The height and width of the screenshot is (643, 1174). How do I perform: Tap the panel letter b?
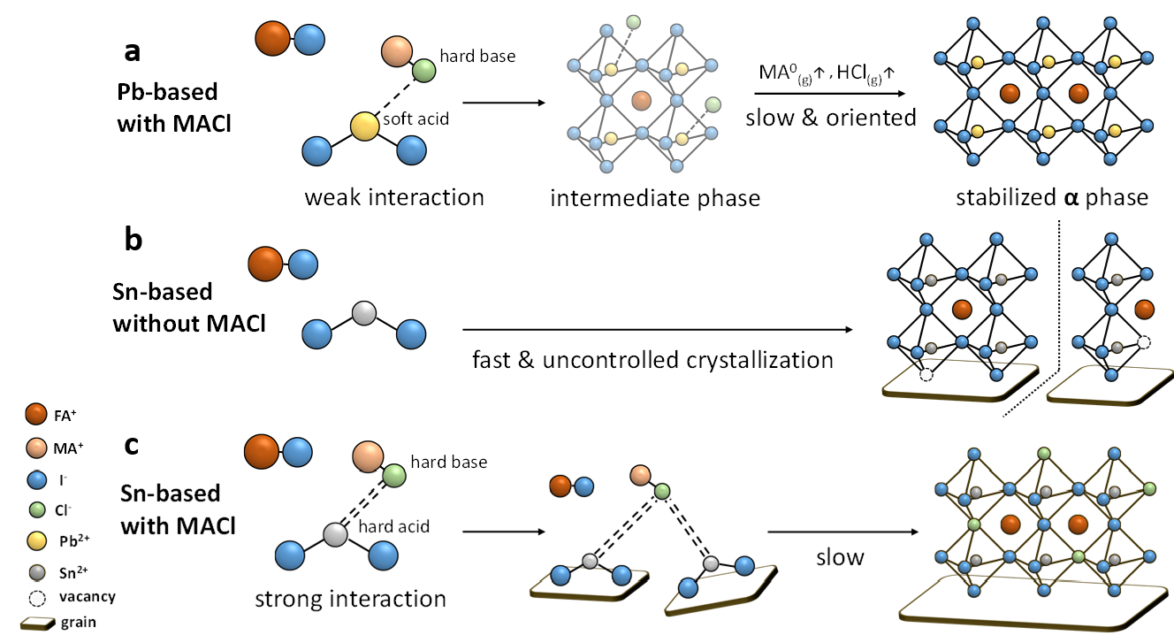point(133,241)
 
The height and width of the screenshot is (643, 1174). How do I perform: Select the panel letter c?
point(131,444)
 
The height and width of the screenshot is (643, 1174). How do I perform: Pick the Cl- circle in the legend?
point(36,509)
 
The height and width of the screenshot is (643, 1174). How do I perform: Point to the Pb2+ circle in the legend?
point(36,540)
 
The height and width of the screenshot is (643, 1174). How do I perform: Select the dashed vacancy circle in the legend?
point(36,596)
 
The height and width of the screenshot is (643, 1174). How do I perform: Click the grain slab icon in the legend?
point(34,622)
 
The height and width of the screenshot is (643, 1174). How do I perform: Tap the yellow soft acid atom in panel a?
point(362,126)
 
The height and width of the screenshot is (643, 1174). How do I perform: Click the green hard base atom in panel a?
point(423,70)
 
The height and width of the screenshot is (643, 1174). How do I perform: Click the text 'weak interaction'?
point(394,196)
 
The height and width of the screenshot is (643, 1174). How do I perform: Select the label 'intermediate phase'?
point(655,197)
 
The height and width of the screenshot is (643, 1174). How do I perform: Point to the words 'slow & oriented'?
point(830,117)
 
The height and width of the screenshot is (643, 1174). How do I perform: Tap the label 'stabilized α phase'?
point(1052,197)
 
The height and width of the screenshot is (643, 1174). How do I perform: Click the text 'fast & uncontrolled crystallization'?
point(652,360)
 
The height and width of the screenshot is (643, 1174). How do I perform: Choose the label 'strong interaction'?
point(350,599)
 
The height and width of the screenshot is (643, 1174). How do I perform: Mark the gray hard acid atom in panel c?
point(333,534)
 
